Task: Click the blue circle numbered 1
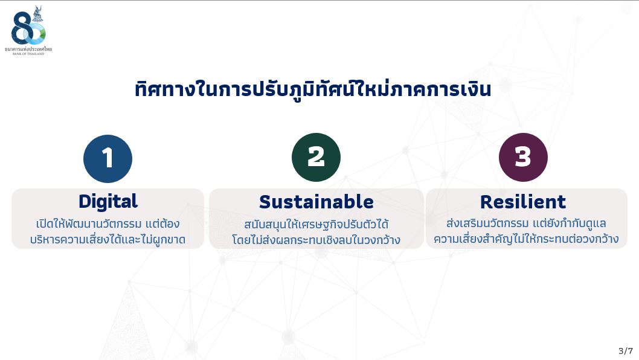(108, 159)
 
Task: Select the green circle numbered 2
(316, 157)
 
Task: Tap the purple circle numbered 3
(523, 157)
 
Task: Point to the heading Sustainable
(316, 202)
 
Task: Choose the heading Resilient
(523, 202)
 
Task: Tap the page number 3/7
(626, 350)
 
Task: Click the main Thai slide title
(313, 89)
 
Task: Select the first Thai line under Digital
(108, 224)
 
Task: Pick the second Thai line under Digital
(108, 239)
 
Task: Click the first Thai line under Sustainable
(316, 224)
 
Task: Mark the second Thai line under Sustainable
(316, 240)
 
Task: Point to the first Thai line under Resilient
(526, 223)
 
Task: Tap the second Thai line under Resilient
(526, 239)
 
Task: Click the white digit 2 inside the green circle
(316, 157)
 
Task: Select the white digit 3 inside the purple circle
(523, 157)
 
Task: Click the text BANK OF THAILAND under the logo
(28, 53)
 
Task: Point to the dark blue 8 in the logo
(21, 28)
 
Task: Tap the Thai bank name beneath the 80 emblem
(28, 49)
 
